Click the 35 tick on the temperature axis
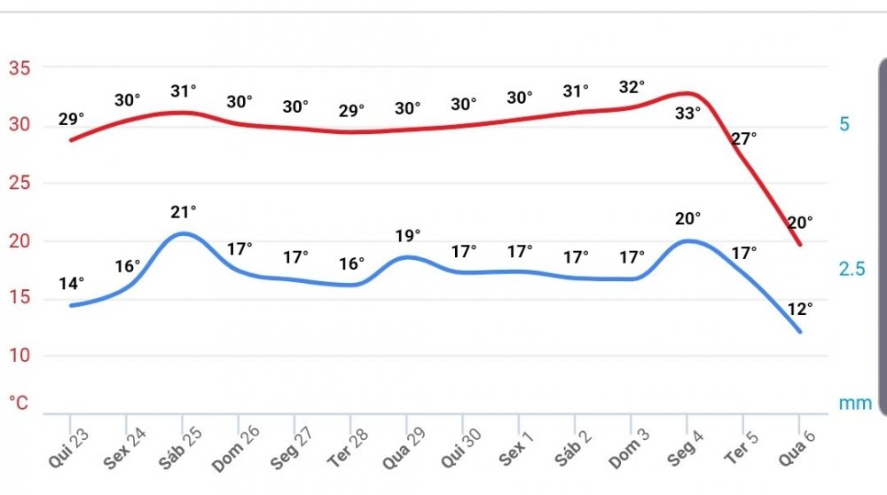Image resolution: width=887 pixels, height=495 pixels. point(19,67)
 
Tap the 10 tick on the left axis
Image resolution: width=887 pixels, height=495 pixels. point(19,356)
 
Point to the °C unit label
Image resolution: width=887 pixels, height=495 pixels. point(19,403)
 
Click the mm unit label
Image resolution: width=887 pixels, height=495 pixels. point(855,403)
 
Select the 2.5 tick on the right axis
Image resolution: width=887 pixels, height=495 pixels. point(852,269)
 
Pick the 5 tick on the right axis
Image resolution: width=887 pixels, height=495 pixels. point(844,124)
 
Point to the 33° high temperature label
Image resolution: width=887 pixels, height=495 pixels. point(687,113)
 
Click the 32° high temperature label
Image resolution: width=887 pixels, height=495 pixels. point(632,87)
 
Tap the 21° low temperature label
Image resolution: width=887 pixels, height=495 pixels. point(184,211)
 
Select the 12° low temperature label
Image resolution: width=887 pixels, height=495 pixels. point(800,309)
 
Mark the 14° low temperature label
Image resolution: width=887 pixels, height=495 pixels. point(72,284)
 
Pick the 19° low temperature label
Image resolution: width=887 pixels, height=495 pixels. point(408,235)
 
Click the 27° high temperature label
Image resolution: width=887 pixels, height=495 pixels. point(743,137)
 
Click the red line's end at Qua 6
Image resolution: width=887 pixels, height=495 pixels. point(800,245)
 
